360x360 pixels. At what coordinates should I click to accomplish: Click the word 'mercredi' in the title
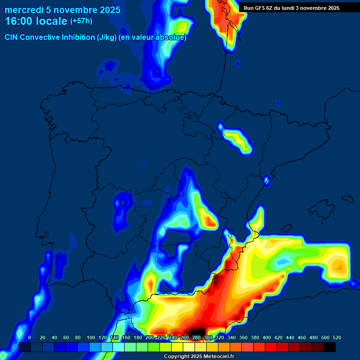[23, 10]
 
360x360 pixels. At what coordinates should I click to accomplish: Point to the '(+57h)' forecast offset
[81, 21]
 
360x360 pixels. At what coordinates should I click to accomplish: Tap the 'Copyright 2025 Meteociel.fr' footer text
[198, 357]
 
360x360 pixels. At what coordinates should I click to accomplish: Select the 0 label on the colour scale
[30, 337]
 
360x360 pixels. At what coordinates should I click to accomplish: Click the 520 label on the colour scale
[337, 337]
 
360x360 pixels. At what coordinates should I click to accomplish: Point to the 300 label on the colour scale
[208, 337]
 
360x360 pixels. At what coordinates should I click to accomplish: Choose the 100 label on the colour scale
[90, 337]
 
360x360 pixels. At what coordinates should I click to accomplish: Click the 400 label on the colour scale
[266, 337]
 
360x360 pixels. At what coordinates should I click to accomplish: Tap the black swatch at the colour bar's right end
[330, 347]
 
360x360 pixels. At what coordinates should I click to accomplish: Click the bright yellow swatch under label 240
[177, 347]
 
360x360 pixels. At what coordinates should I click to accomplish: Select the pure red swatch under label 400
[271, 347]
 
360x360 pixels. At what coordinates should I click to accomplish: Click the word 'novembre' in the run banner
[314, 8]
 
